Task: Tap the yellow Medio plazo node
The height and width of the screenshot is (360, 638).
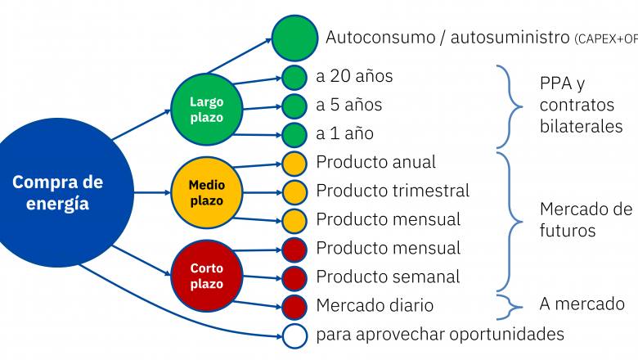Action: point(206,192)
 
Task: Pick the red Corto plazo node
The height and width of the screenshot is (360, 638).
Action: point(206,276)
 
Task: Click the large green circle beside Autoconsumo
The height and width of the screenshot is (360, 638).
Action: point(294,38)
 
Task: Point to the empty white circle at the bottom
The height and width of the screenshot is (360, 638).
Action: point(294,334)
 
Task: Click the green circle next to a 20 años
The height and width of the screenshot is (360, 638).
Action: point(294,78)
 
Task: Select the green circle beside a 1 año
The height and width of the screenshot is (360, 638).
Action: point(294,134)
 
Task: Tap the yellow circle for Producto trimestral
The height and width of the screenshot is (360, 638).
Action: point(294,191)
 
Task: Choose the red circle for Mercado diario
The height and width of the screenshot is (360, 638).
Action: point(294,306)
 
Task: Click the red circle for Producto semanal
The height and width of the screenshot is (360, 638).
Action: point(294,277)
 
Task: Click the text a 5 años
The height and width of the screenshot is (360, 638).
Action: point(348,106)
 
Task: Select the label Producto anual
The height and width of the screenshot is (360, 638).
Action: point(375,162)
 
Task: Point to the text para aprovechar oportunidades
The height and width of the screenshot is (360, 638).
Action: point(440,334)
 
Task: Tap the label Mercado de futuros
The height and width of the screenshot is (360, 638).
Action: point(586,219)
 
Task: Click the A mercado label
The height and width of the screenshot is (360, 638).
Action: point(582,304)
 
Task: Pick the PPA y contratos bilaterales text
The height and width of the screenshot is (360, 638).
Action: point(581,106)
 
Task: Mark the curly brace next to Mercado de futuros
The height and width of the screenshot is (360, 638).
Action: point(510,220)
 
